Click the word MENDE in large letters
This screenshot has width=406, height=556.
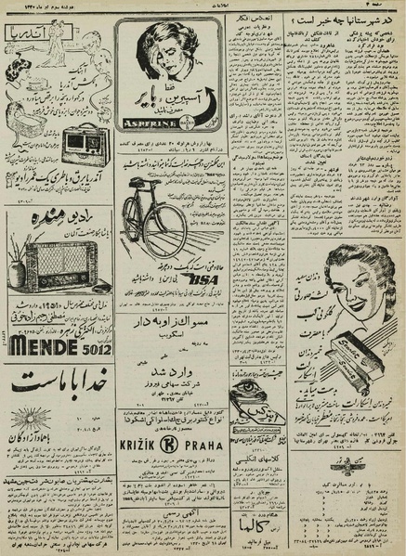tap(46, 340)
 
